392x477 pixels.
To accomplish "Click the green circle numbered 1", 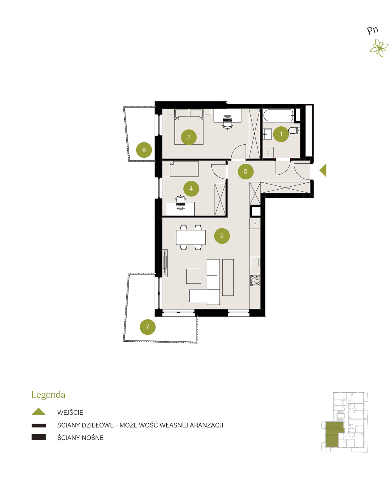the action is click(x=281, y=134).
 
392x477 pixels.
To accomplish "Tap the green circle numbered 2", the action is click(x=222, y=236).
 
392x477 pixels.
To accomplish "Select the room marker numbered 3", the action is click(x=189, y=137).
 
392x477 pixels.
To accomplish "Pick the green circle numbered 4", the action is click(x=191, y=188).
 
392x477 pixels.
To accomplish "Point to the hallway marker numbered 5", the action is click(x=245, y=171).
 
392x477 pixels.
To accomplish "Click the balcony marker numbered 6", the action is click(x=144, y=150).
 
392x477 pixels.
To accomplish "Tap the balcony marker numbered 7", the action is click(x=148, y=327).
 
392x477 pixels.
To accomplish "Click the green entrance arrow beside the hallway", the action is click(x=323, y=170).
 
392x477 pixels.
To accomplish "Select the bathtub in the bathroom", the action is click(x=278, y=116).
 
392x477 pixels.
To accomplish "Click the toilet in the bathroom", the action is click(x=294, y=130).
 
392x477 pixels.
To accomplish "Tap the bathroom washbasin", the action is click(x=267, y=134).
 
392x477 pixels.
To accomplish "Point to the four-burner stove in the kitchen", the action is click(x=255, y=281).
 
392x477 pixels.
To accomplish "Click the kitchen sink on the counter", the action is click(x=255, y=262).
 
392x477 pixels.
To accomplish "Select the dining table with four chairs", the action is click(x=191, y=237).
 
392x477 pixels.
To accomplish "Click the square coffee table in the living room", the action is click(x=194, y=276).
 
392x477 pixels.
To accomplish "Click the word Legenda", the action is click(x=48, y=395).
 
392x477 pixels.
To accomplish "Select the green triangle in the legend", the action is click(x=39, y=411).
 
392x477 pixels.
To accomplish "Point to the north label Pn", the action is click(x=373, y=30).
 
